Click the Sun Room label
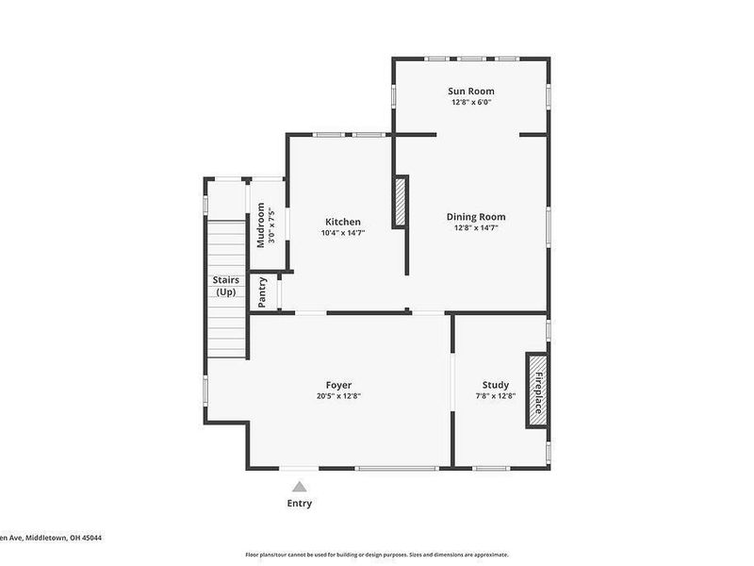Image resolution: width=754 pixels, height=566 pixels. pos(470,91)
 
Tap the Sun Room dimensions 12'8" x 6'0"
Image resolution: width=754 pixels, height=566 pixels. pos(470,102)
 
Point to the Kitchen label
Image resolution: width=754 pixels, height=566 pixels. pos(343,222)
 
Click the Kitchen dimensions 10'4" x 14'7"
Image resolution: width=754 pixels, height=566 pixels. pos(343,233)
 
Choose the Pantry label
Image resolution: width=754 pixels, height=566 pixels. pos(263,291)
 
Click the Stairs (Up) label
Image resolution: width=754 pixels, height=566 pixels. pos(225,286)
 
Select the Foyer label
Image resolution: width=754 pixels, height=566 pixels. pos(339,385)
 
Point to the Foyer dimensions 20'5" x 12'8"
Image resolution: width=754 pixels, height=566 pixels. pos(339,396)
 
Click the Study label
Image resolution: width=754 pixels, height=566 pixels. pos(496,385)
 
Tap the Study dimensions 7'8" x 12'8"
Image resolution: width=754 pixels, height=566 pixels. pos(496,396)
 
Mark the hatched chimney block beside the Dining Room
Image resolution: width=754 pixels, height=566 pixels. pos(400,202)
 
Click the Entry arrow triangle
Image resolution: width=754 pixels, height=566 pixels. pos(299,487)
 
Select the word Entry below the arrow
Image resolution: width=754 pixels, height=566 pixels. pos(299,504)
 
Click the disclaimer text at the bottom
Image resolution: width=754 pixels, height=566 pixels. pos(377,555)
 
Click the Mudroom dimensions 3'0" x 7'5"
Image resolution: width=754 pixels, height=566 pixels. pos(272,225)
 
